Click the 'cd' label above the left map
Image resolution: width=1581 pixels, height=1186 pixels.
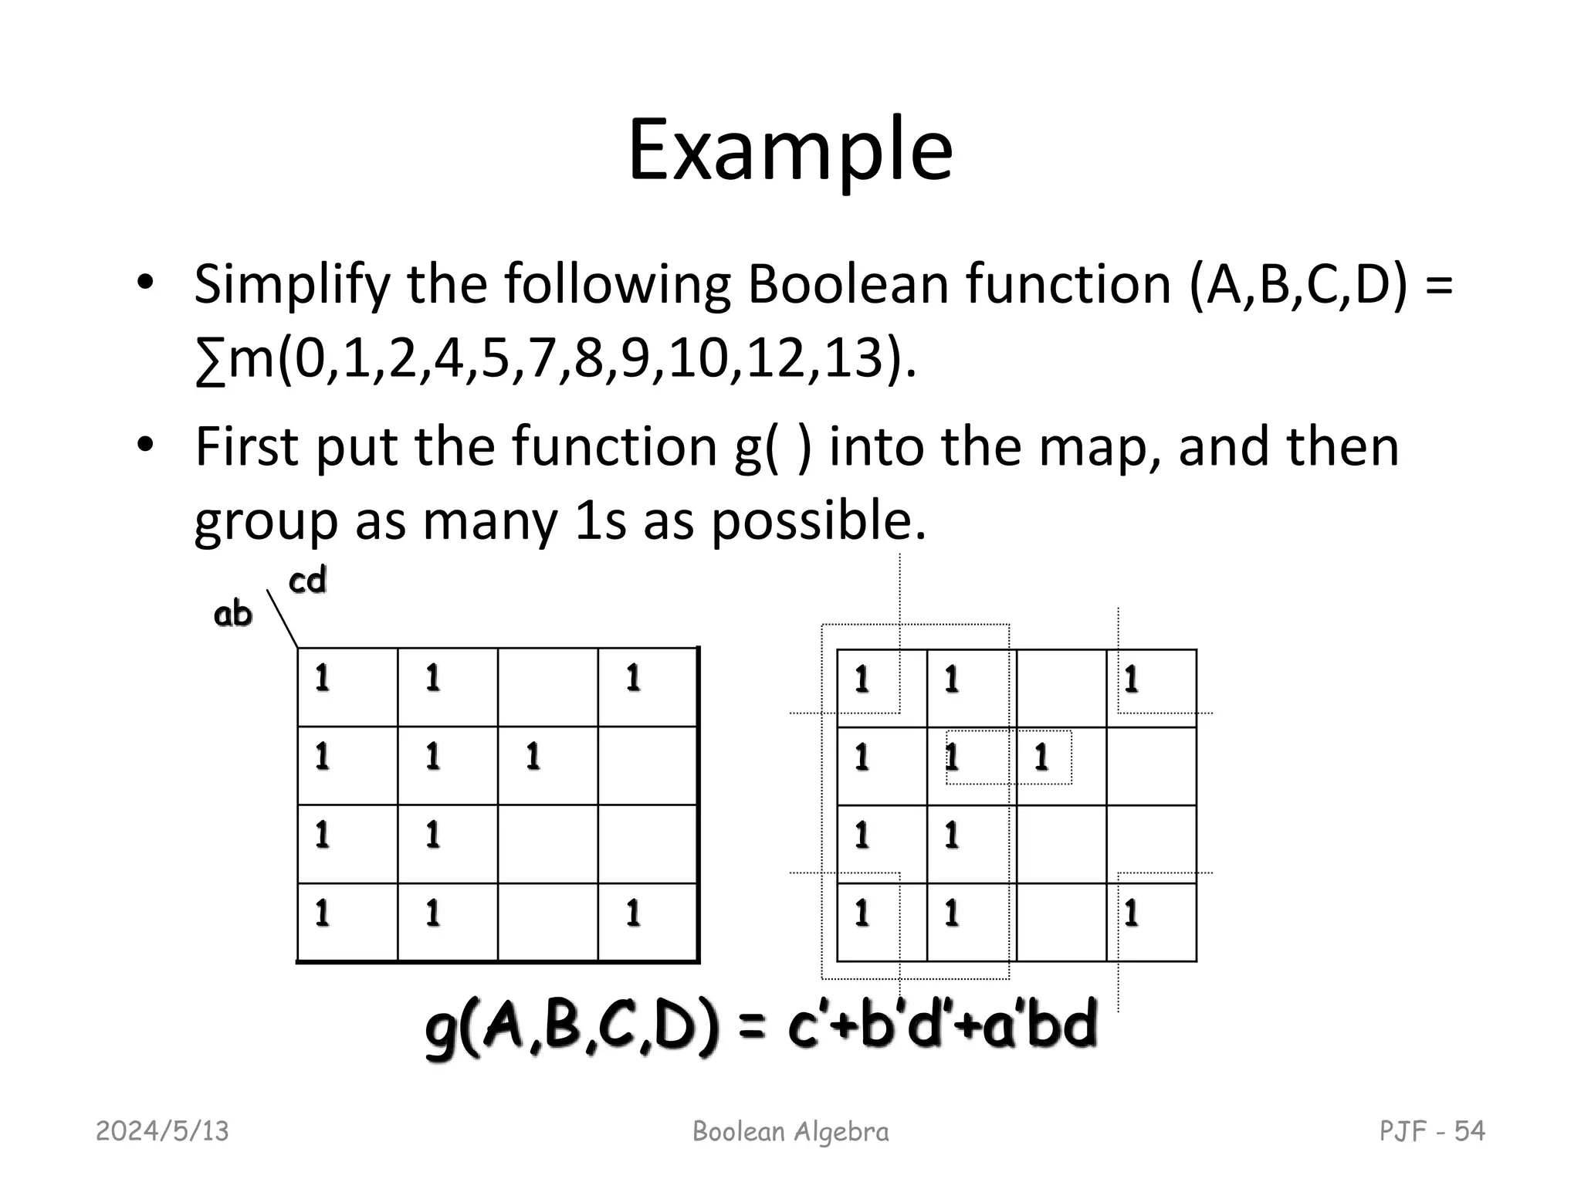click(x=307, y=581)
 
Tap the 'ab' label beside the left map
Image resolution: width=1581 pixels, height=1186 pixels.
click(x=232, y=615)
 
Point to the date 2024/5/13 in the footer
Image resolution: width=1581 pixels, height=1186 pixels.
click(x=162, y=1131)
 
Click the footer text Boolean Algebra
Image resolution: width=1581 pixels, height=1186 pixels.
click(x=790, y=1131)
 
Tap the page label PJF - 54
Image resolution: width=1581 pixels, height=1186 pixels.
click(x=1431, y=1131)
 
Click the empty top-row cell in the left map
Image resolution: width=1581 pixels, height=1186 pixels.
click(x=547, y=686)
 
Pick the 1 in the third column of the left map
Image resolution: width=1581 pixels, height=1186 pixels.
click(x=533, y=757)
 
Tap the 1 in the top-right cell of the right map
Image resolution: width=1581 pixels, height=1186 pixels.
click(x=1131, y=680)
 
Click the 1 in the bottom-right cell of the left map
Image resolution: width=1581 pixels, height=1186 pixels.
click(x=633, y=913)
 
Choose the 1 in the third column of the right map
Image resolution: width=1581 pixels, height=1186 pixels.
click(x=1041, y=757)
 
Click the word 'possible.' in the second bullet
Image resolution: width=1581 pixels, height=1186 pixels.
click(x=818, y=522)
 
